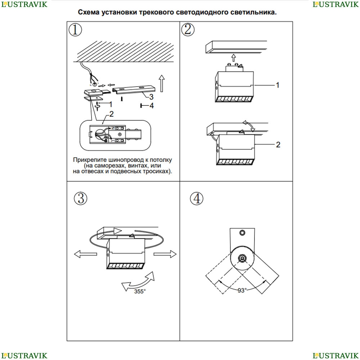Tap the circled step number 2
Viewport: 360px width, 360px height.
tap(188, 30)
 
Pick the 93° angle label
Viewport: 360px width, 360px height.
tap(242, 290)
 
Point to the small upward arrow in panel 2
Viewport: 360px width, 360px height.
tap(234, 57)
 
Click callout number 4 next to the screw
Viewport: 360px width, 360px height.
tap(152, 105)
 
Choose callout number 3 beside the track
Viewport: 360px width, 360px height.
tap(152, 96)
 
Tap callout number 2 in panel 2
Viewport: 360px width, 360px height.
tap(278, 145)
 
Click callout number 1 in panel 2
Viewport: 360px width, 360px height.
tap(278, 85)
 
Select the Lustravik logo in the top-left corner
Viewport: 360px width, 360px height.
tap(24, 4)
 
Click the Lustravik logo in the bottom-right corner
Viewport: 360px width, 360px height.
tap(336, 355)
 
